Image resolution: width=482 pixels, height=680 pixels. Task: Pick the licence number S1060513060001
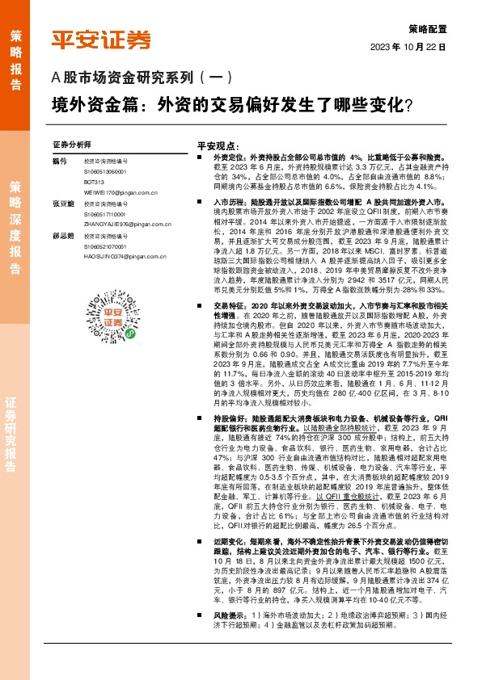coord(106,173)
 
